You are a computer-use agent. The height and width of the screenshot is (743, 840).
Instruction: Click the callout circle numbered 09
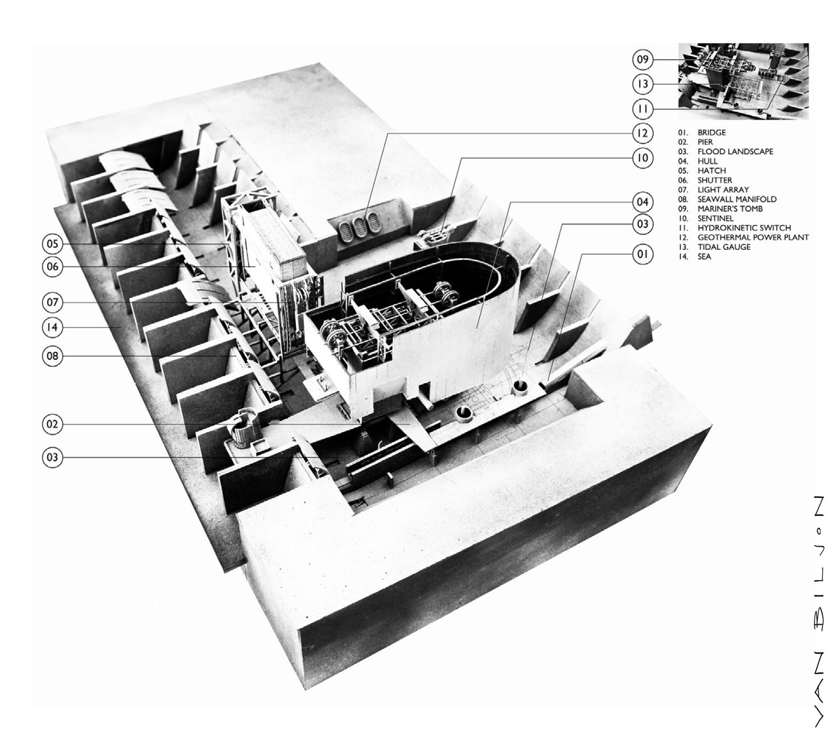(x=642, y=60)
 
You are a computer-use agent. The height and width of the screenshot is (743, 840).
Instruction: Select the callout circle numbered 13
(x=642, y=84)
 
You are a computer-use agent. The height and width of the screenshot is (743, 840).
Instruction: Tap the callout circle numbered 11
(x=642, y=109)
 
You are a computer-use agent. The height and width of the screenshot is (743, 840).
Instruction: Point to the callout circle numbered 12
(x=642, y=133)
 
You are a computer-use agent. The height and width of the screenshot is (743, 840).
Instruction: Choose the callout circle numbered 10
(x=642, y=158)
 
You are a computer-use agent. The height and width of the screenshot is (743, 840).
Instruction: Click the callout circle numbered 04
(x=642, y=202)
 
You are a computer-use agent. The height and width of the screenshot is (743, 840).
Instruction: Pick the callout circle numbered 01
(x=642, y=255)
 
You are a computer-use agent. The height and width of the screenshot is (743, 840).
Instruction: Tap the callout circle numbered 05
(x=52, y=244)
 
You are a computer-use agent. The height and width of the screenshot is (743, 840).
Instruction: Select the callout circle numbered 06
(x=52, y=267)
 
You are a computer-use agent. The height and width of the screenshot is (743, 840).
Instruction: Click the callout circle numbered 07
(x=52, y=302)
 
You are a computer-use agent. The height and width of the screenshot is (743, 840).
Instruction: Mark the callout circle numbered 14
(x=52, y=327)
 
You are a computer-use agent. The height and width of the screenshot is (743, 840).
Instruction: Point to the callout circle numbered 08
(x=52, y=356)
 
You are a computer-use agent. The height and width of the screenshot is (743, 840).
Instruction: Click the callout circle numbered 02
(x=52, y=424)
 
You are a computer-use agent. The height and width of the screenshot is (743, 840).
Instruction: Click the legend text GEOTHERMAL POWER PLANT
(x=752, y=238)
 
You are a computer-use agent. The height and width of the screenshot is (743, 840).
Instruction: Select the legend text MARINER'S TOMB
(x=730, y=209)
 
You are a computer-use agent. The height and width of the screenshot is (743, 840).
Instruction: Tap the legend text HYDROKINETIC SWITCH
(x=744, y=228)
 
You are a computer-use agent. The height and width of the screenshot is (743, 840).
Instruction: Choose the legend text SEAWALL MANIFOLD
(x=737, y=199)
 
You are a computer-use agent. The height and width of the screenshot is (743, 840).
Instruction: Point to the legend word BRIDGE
(x=711, y=133)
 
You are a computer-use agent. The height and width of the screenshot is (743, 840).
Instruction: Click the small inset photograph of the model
(x=743, y=82)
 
